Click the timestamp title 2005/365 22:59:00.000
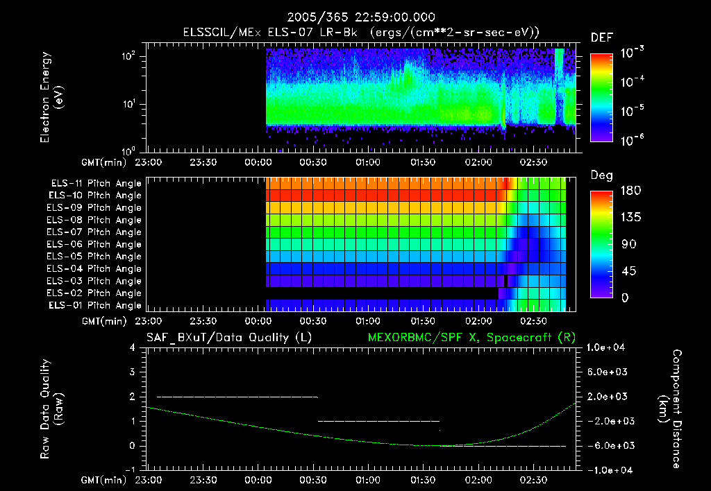pos(355,17)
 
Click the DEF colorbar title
pos(601,38)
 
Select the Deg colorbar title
pos(601,176)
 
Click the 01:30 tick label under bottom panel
pos(423,480)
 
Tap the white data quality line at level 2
pos(236,397)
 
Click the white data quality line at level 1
pos(378,421)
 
